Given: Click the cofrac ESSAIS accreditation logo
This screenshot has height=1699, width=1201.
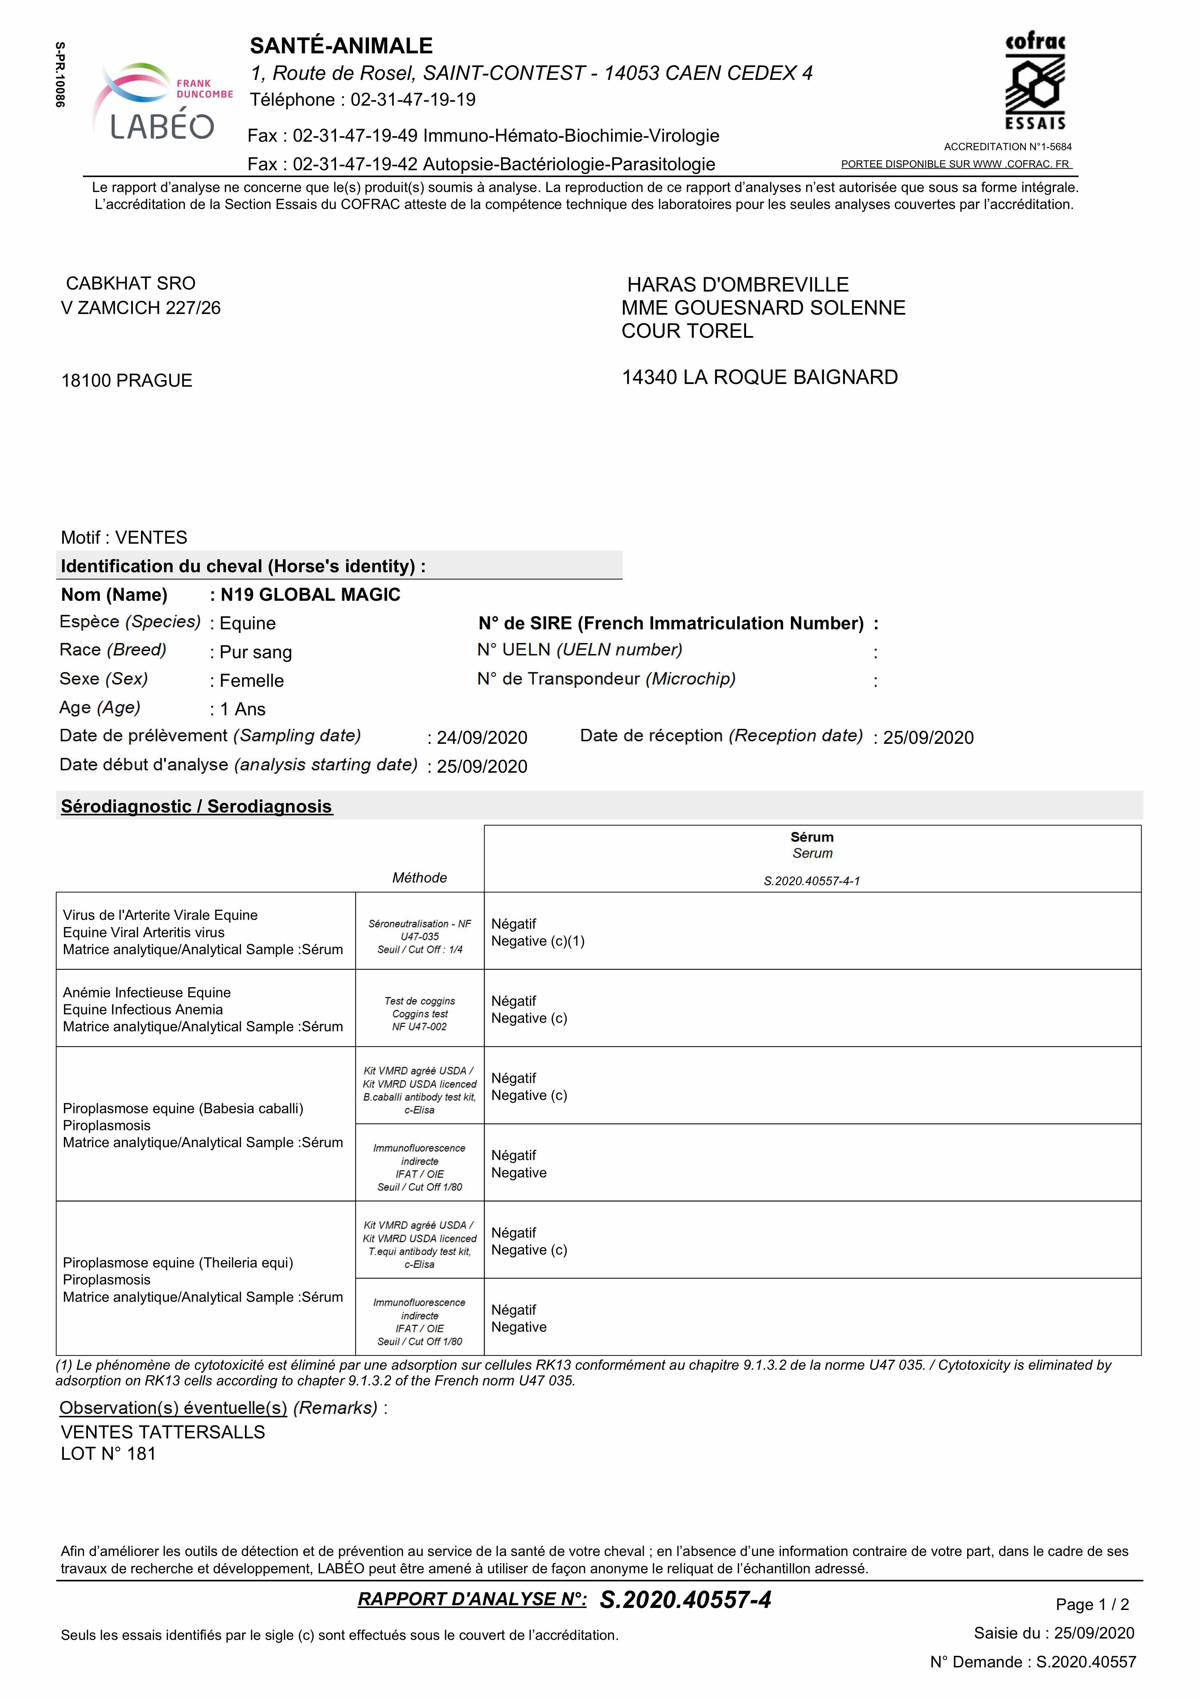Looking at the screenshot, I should [1035, 82].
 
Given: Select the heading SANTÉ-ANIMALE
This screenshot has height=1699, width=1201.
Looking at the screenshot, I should [341, 46].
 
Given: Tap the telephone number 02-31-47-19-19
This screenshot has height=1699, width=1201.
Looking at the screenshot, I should [413, 100].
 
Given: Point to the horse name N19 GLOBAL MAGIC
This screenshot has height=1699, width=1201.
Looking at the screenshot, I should [310, 595].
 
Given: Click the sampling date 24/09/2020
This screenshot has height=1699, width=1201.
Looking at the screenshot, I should [482, 738].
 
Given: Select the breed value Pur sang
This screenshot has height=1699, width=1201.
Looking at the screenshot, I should [255, 652].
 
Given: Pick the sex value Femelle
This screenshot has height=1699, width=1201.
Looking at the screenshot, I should [252, 681].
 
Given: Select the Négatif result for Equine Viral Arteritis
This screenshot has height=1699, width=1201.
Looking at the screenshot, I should [514, 924].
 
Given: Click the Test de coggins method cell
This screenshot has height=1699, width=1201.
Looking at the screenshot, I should [420, 1014].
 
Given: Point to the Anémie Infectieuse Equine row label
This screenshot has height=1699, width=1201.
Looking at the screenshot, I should [146, 992].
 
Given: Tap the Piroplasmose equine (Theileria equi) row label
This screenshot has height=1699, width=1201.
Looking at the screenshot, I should [178, 1262].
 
